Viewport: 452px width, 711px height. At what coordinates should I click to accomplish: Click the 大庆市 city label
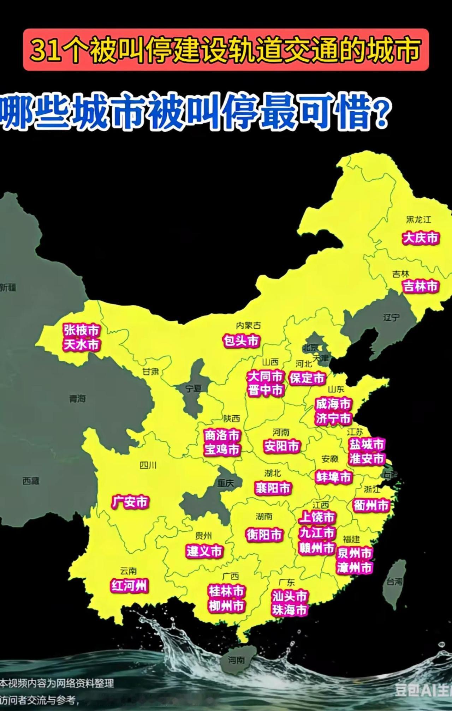point(421,238)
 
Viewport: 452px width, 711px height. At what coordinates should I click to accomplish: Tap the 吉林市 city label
point(421,286)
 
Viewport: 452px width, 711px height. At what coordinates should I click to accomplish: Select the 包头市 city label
point(242,341)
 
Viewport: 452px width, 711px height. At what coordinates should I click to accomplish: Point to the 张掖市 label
point(82,330)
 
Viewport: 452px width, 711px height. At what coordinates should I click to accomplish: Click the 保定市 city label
point(307,378)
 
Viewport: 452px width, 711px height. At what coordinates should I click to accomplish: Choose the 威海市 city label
point(333,404)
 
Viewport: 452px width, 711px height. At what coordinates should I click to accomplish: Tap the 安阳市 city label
point(282,446)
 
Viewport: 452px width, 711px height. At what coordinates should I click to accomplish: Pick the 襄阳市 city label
point(273,488)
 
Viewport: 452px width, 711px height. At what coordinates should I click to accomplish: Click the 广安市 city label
point(130,502)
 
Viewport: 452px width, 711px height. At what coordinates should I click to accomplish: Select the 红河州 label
point(129,586)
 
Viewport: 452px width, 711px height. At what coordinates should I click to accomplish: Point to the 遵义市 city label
point(204,551)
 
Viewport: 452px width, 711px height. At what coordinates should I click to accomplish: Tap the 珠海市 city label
point(289,610)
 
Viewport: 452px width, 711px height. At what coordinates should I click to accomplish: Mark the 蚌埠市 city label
point(334,477)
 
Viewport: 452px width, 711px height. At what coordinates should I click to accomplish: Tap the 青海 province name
point(77,399)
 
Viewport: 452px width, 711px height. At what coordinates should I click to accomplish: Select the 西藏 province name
point(31,481)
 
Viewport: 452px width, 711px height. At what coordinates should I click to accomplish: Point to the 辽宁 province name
point(391,318)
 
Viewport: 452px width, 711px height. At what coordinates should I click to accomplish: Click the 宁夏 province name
point(194,388)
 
